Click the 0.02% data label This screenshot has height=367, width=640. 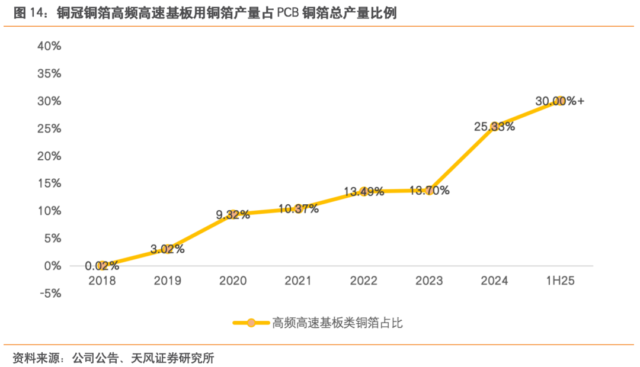click(102, 266)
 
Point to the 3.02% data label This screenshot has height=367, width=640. click(167, 249)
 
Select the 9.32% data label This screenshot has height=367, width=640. click(232, 215)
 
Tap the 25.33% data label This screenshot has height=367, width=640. click(494, 126)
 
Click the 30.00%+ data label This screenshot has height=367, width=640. click(559, 101)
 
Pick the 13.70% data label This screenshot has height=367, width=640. click(429, 191)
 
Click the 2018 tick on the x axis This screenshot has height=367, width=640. click(102, 281)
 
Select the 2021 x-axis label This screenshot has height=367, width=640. click(297, 281)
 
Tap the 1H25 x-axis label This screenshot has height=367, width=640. click(559, 281)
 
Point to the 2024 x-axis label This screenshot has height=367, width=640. click(494, 281)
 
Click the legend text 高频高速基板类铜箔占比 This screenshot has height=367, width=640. click(338, 323)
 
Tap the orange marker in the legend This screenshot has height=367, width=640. click(251, 323)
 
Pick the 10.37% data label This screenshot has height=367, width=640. click(298, 208)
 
